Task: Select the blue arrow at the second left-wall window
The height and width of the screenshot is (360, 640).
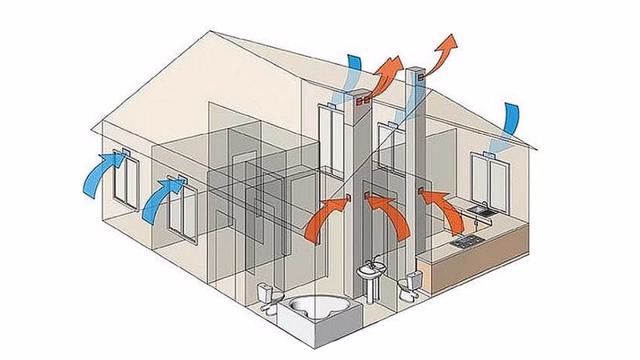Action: tap(162, 200)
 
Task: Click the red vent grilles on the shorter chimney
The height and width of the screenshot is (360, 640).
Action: tap(362, 102)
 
